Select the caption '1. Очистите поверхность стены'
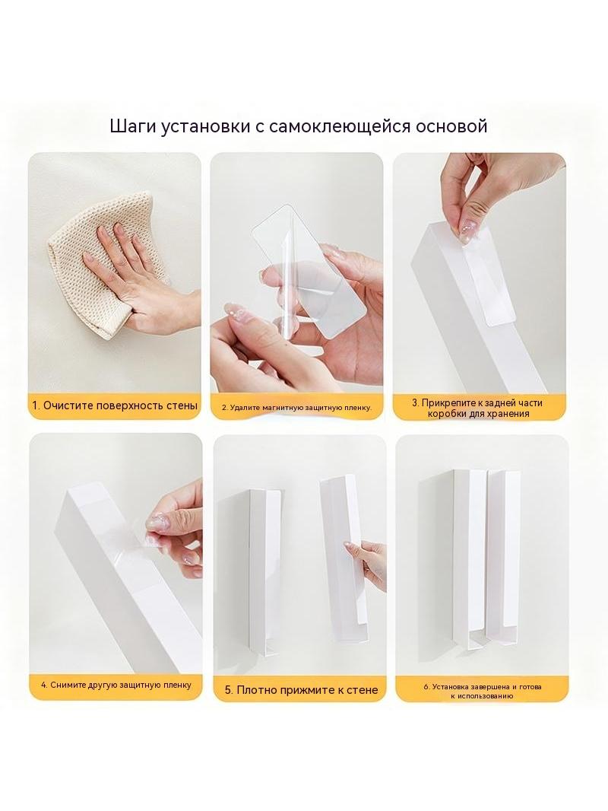point(115,405)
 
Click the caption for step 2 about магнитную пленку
point(297,408)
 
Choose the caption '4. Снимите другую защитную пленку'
point(116,685)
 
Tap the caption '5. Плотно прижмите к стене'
point(301,689)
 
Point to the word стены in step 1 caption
point(182,405)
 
